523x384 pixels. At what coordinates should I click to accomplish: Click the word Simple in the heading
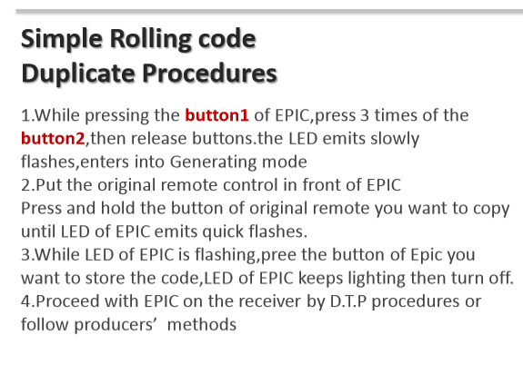coord(62,40)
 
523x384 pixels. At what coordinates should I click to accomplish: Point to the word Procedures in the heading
coord(210,74)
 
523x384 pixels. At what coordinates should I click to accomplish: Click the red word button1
coord(216,115)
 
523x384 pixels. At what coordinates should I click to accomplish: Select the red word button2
coord(53,138)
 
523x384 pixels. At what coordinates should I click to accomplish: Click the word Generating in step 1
coord(214,162)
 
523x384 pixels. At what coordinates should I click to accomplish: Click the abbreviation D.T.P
coord(348,301)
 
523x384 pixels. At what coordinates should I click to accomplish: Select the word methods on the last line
coord(202,324)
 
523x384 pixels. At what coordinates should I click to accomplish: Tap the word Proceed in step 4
coord(67,301)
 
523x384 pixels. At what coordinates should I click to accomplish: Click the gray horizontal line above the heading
coord(269,12)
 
